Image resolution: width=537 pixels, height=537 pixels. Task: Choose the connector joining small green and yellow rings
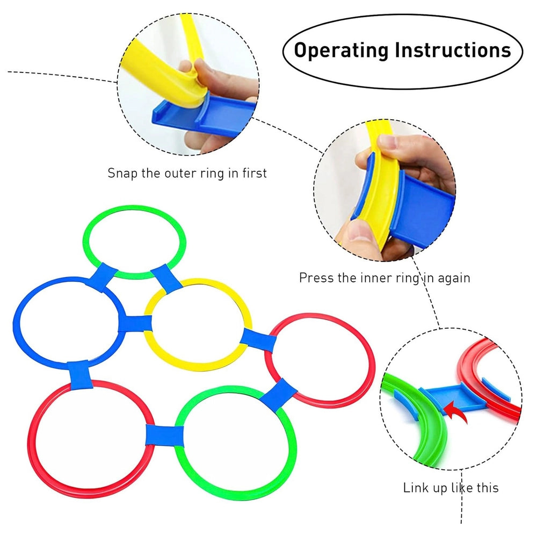pos(166,278)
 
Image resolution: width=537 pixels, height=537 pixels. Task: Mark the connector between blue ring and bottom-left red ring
pos(79,375)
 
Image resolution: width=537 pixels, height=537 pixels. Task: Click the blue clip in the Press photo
pos(424,209)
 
